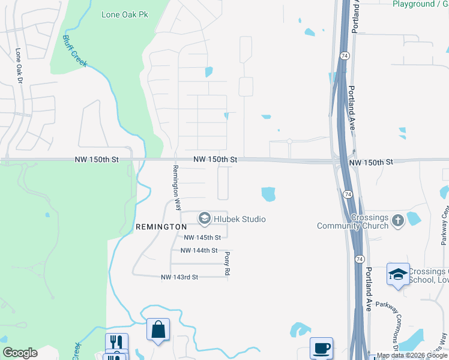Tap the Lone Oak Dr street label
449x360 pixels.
19,66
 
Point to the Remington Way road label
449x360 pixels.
177,187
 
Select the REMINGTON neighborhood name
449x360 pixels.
161,227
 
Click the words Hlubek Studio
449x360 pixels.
239,219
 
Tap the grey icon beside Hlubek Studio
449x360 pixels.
205,219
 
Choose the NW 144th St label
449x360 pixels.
198,250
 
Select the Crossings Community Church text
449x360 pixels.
353,221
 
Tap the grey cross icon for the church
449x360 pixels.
397,221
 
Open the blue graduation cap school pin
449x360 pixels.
398,274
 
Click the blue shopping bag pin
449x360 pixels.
158,329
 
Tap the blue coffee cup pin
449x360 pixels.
321,348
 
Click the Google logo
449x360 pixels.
20,353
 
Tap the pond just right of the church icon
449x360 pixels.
414,218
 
